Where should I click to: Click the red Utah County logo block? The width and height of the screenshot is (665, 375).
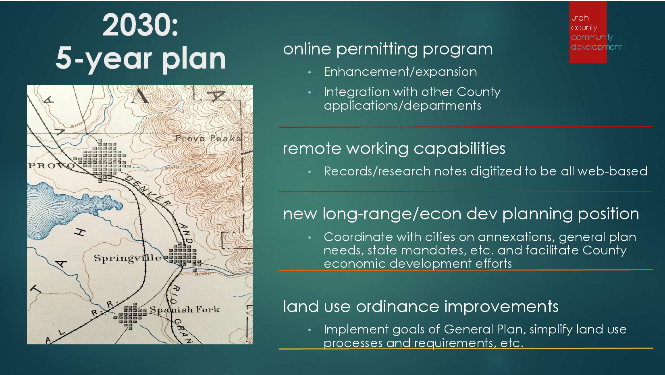tap(588, 32)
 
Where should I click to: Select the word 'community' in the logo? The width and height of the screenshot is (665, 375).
tap(592, 37)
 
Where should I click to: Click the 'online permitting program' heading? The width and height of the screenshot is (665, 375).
tap(388, 50)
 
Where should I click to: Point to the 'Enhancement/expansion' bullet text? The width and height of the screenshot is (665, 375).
tap(400, 72)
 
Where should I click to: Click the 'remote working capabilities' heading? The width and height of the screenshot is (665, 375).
tap(394, 148)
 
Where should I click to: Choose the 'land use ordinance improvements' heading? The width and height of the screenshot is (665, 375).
tap(421, 307)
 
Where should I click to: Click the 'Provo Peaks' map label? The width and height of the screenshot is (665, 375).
tap(208, 138)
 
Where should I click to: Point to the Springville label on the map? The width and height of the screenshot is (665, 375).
tap(128, 258)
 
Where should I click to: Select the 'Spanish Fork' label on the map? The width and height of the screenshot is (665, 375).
tap(185, 309)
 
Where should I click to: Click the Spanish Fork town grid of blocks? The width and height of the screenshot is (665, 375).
tap(129, 316)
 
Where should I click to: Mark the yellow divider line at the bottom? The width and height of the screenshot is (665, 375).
tap(466, 348)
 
